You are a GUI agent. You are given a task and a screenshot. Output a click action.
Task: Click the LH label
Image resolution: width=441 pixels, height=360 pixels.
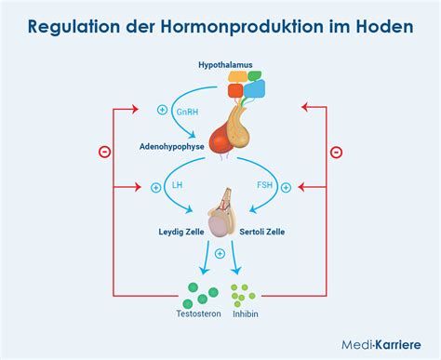pos(178,185)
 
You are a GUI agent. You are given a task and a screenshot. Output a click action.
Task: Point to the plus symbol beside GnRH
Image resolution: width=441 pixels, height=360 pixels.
pos(163,110)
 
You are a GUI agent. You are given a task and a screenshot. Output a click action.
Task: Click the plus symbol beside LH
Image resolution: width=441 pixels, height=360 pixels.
pos(155,187)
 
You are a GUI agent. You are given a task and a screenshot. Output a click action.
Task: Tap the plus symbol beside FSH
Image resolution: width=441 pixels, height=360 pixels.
pos(286,187)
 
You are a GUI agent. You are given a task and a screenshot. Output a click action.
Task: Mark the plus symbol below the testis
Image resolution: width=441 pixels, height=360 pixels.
pos(220,254)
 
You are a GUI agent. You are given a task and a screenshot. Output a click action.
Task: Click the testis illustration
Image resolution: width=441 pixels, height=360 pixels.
pos(220,215)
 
